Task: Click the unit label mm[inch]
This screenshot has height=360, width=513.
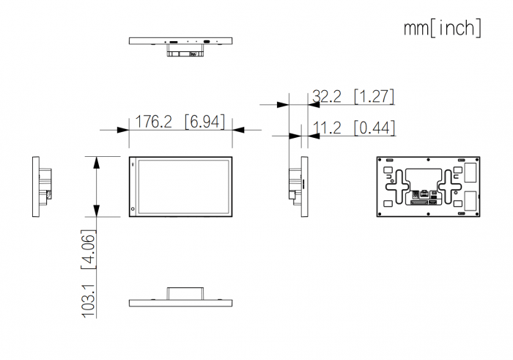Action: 443,28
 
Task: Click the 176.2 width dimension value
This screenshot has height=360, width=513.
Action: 153,122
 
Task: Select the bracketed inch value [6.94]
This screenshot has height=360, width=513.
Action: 204,122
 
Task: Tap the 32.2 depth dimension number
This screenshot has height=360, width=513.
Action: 327,96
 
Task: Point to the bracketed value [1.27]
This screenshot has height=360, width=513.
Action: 374,96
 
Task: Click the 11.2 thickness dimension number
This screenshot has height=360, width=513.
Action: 327,128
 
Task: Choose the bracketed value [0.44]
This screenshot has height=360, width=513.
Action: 374,128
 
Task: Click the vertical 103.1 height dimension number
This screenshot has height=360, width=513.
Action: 89,301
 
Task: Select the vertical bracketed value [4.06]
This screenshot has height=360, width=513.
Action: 89,249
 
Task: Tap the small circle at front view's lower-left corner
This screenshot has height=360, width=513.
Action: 133,209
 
